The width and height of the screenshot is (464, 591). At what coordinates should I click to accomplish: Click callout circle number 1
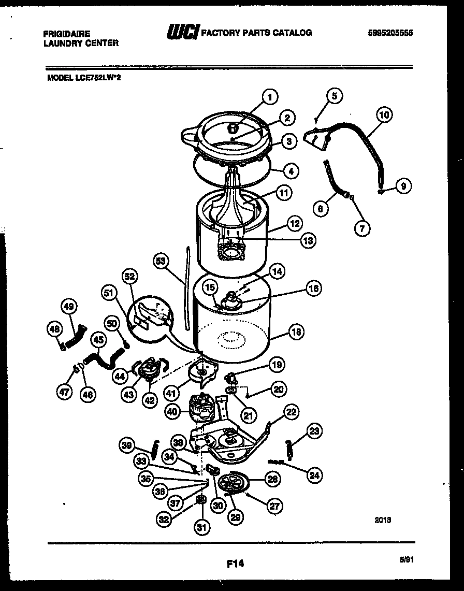[x=269, y=96]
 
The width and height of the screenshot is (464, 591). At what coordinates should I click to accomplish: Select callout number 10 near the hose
[x=384, y=115]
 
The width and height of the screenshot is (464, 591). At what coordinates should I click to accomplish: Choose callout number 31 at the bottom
[x=201, y=527]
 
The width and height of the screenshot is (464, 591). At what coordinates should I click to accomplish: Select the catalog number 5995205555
[x=392, y=33]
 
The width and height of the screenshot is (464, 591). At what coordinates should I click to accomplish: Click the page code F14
[x=235, y=563]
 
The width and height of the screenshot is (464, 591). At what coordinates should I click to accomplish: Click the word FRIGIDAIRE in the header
[x=66, y=34]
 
